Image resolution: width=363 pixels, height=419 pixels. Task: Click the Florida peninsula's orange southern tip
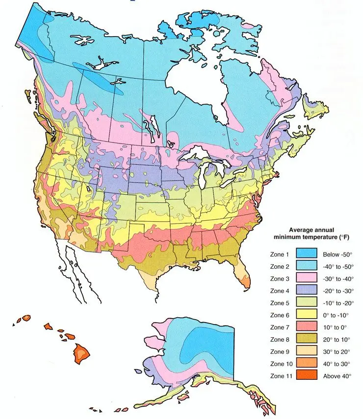[x=244, y=281]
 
